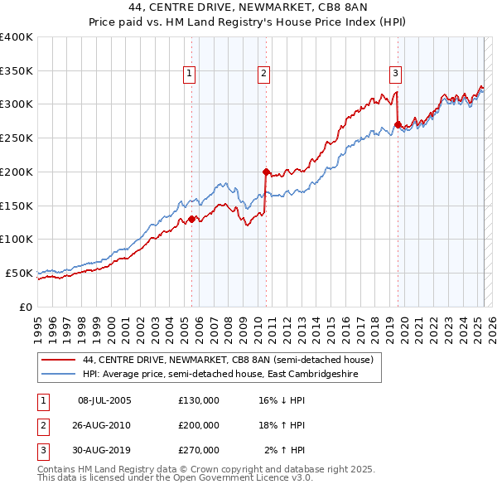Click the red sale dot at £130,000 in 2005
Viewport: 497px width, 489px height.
pos(191,219)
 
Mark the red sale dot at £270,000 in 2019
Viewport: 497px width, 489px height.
pos(398,124)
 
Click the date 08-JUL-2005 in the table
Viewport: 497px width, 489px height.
pos(104,400)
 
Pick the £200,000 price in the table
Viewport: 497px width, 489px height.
pos(199,425)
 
